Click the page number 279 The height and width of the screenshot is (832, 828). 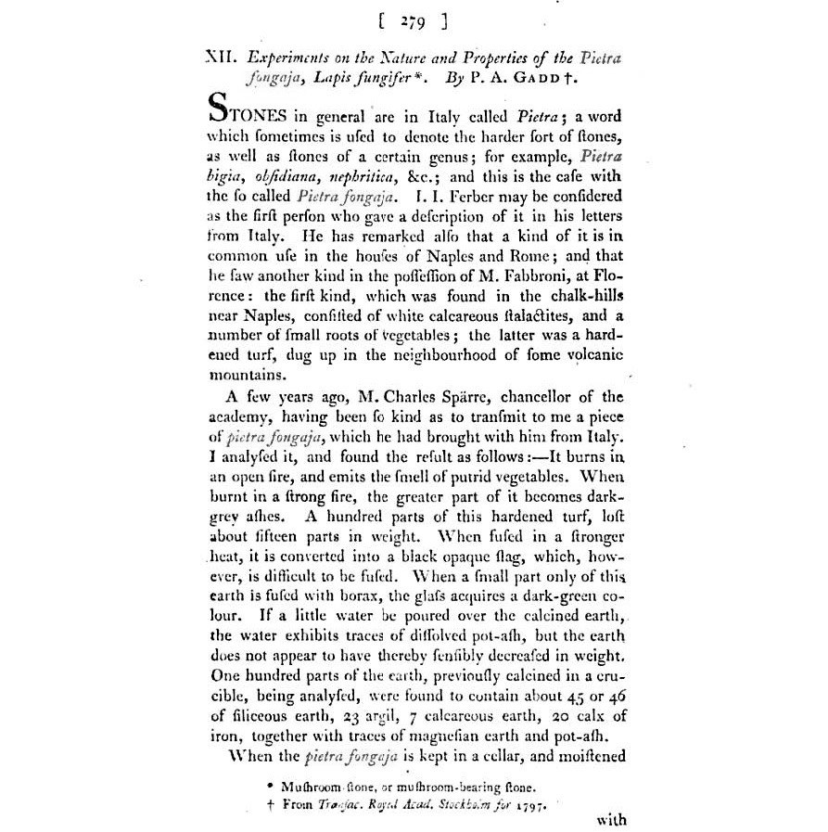(414, 20)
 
